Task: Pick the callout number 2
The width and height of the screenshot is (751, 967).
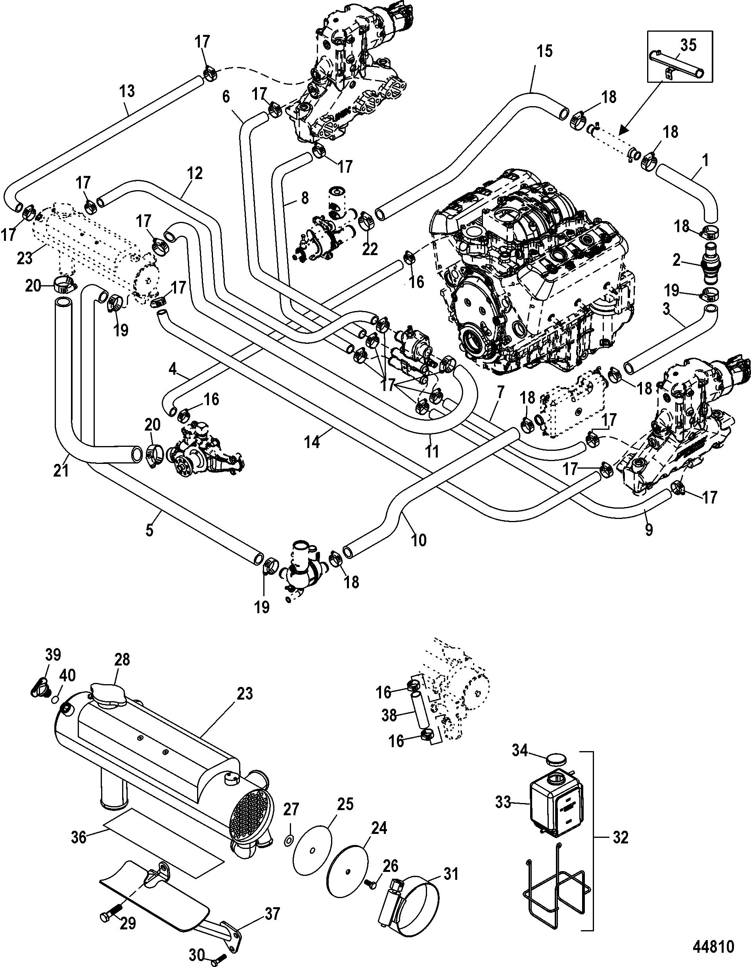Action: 676,260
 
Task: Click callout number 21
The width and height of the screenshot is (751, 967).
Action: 61,470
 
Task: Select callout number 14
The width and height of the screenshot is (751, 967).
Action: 312,442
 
